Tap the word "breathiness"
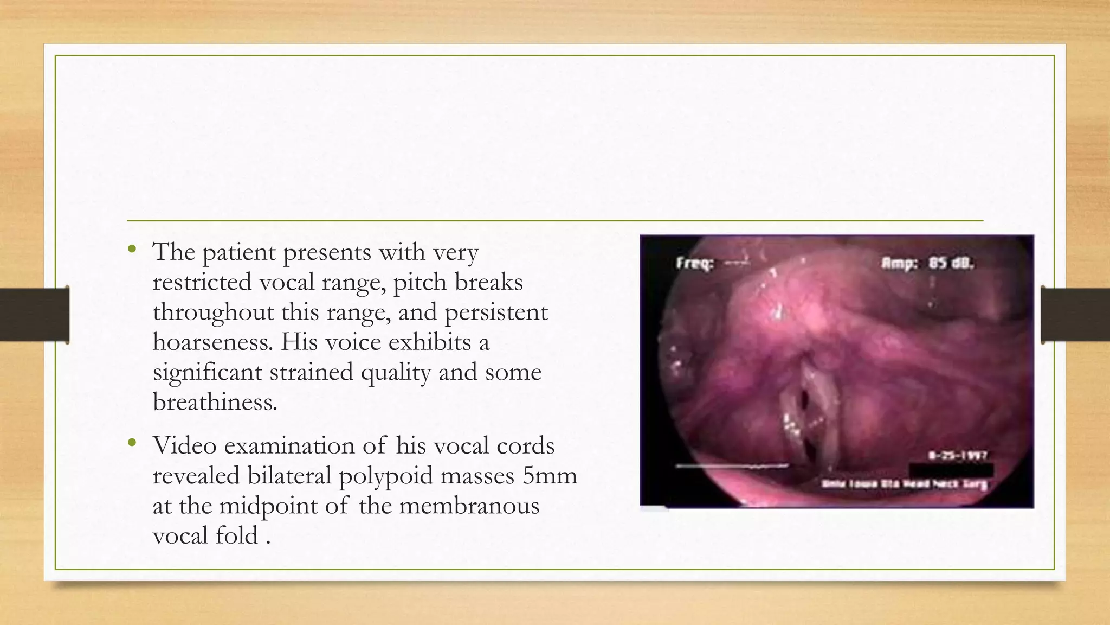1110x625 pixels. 214,403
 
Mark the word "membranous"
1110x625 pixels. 469,506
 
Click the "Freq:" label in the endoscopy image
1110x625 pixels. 694,264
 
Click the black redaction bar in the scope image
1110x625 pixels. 951,469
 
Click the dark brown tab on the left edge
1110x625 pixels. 35,315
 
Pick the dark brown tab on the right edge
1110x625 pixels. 1075,315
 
